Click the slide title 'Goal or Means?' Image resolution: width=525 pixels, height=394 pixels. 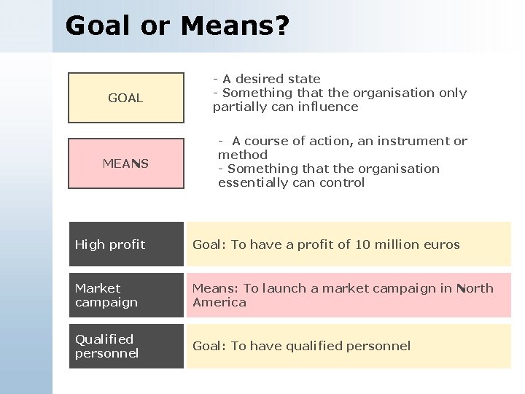177,26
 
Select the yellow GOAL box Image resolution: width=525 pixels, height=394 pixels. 125,98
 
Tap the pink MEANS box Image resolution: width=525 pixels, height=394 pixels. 125,163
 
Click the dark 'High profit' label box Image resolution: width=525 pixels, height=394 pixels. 125,244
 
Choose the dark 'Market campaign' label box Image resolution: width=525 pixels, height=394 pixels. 125,295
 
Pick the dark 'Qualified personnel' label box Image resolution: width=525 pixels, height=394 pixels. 125,346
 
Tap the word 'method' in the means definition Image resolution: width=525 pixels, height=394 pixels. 243,155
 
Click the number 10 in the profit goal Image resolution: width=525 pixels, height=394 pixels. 362,244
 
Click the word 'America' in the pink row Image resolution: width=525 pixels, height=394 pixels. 219,302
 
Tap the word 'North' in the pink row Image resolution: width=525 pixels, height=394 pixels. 475,288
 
